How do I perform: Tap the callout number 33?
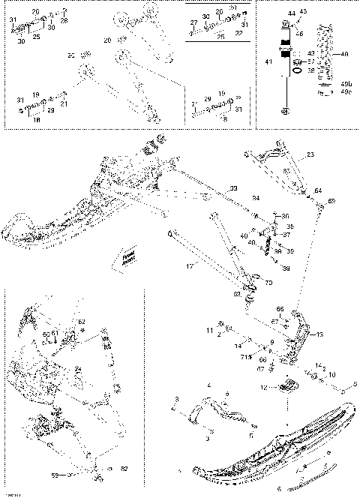pyautogui.click(x=233, y=187)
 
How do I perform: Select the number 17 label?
pyautogui.click(x=190, y=266)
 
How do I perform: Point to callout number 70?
pyautogui.click(x=269, y=283)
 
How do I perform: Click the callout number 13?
pyautogui.click(x=320, y=334)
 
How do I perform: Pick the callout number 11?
pyautogui.click(x=210, y=330)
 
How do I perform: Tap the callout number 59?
pyautogui.click(x=53, y=475)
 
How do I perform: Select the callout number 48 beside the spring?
pyautogui.click(x=345, y=55)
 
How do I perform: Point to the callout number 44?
pyautogui.click(x=291, y=14)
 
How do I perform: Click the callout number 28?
pyautogui.click(x=64, y=21)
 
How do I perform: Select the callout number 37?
pyautogui.click(x=286, y=234)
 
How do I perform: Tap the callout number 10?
pyautogui.click(x=332, y=373)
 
